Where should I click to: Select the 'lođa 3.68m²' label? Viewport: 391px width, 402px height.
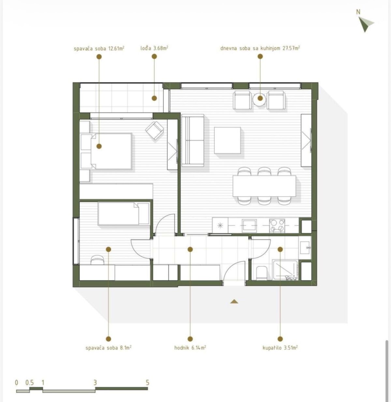pyautogui.click(x=154, y=48)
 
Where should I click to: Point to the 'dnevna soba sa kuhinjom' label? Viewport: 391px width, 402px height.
pyautogui.click(x=250, y=48)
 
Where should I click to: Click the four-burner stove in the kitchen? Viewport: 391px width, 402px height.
pyautogui.click(x=277, y=225)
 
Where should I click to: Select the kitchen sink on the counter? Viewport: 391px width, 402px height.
pyautogui.click(x=250, y=225)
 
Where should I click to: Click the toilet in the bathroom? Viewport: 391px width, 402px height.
pyautogui.click(x=261, y=273)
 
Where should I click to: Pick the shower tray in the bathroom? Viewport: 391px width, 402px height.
pyautogui.click(x=285, y=270)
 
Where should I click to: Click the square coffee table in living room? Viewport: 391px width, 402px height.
pyautogui.click(x=227, y=140)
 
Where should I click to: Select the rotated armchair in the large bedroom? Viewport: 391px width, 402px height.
pyautogui.click(x=154, y=131)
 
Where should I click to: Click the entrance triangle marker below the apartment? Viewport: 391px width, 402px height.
pyautogui.click(x=234, y=301)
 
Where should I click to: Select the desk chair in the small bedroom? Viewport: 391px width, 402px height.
pyautogui.click(x=97, y=260)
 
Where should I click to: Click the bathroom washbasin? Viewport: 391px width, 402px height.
pyautogui.click(x=305, y=248)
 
